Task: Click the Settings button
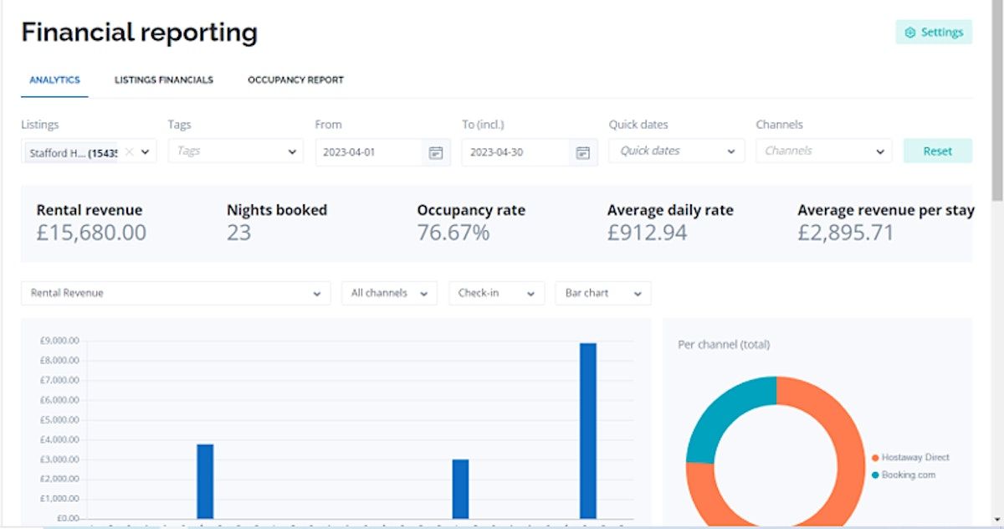(933, 33)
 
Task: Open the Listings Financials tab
(164, 80)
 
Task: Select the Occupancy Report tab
(295, 80)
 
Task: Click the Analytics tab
(54, 80)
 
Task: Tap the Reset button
(937, 152)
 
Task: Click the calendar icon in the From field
(435, 152)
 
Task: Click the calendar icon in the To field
(582, 152)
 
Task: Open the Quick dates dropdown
(676, 152)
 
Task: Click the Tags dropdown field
(235, 152)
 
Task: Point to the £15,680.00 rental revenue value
(91, 233)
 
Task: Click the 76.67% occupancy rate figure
(453, 233)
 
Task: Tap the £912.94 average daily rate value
(647, 233)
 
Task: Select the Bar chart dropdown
(602, 294)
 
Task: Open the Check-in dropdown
(496, 294)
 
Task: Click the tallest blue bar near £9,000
(587, 430)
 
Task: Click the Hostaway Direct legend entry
(914, 458)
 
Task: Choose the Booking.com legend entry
(908, 475)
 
